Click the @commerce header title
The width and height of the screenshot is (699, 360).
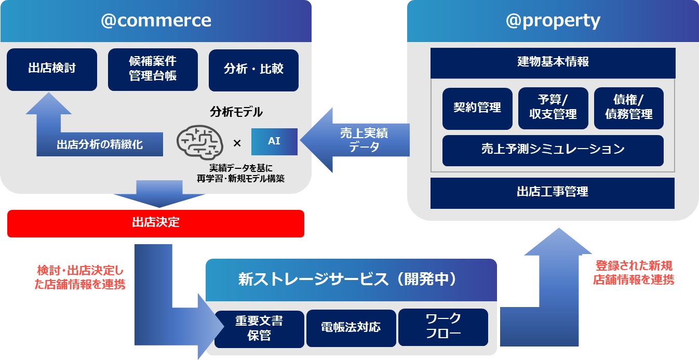click(156, 21)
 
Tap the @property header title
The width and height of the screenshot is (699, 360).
click(553, 21)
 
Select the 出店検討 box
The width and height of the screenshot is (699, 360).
click(52, 69)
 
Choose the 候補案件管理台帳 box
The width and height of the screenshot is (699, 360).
click(153, 69)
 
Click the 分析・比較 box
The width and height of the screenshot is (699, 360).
click(253, 70)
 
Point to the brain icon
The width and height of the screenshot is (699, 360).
click(200, 141)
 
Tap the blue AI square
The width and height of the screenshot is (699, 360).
click(274, 141)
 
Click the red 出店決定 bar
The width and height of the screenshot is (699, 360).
click(156, 223)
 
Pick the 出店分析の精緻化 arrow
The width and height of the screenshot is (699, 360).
click(99, 144)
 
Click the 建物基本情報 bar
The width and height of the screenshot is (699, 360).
click(553, 62)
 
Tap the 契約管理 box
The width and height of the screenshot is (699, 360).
click(477, 108)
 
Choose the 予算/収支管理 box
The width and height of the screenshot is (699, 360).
click(553, 108)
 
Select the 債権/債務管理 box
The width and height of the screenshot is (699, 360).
click(628, 108)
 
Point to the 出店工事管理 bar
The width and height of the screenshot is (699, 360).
click(553, 192)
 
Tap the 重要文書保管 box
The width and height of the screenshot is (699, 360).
click(259, 328)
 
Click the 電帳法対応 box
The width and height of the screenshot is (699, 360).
click(351, 327)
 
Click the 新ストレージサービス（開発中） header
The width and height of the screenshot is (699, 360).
click(351, 279)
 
